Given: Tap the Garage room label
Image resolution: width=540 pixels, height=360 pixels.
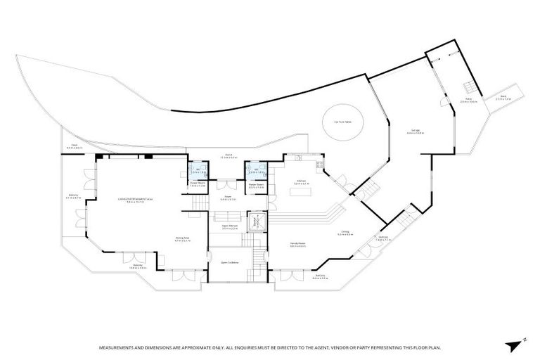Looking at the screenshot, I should tap(416, 131).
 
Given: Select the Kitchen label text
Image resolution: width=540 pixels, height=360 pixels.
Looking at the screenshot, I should tap(301, 182).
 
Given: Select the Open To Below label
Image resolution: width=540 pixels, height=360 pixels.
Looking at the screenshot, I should tap(230, 262).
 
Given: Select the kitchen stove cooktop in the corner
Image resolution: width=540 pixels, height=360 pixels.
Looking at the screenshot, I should tap(319, 165).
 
